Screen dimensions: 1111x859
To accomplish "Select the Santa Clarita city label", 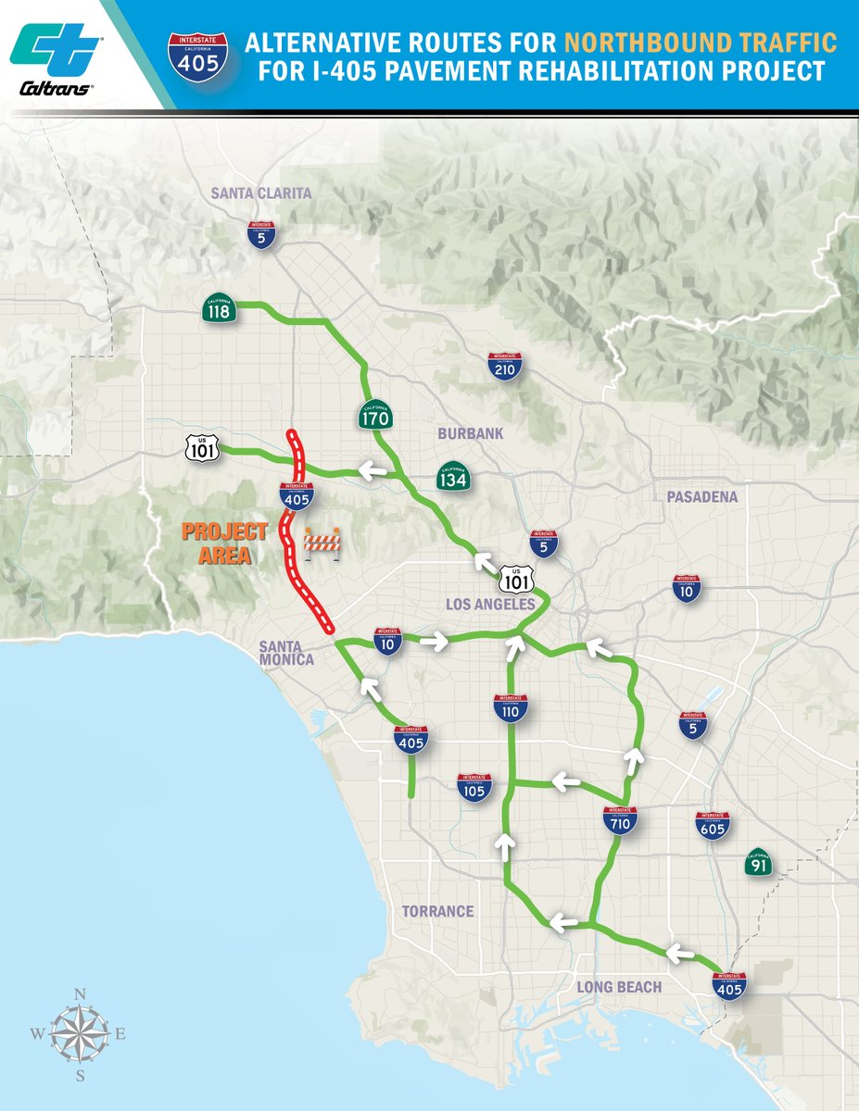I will click(261, 193).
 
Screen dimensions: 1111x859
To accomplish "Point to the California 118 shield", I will click(219, 309).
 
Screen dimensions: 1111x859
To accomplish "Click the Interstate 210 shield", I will click(504, 367).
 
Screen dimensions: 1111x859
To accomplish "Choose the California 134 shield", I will click(453, 477).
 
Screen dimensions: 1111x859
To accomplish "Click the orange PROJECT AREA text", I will click(224, 543).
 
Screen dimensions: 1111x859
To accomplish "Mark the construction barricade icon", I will click(322, 542).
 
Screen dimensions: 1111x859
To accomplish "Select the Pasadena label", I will click(701, 497).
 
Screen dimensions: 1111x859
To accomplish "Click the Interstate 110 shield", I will click(512, 708).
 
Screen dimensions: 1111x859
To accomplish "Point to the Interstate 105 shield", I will click(474, 788).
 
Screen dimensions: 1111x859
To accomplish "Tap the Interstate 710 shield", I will click(619, 820).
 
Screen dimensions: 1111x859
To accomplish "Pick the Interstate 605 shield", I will click(713, 825).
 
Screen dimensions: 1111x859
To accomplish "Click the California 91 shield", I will click(760, 865).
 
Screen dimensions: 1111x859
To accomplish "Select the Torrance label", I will click(437, 911).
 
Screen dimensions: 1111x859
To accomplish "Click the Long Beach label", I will click(619, 987).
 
